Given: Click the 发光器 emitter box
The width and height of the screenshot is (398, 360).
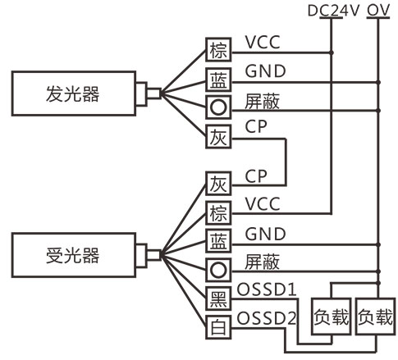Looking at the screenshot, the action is tap(74, 93).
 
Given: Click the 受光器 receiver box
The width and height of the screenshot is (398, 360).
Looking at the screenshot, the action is tap(74, 255).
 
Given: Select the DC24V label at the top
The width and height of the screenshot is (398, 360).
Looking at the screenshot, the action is tap(333, 11).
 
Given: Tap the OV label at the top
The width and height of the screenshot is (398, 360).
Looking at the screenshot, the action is tap(378, 11).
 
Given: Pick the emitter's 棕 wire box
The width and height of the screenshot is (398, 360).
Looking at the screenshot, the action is tap(218, 50).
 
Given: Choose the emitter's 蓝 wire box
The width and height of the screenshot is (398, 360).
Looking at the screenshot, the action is tap(218, 80).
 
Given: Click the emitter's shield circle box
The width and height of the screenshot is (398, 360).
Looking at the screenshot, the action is tap(218, 107).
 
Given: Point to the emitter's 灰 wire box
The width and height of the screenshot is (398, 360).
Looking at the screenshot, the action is tap(218, 137).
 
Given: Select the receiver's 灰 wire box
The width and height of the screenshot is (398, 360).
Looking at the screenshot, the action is tap(218, 184).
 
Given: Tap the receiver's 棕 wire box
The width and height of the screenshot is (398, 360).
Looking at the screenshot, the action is tap(218, 213).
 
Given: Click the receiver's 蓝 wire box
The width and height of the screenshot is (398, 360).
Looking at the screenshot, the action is tap(218, 241).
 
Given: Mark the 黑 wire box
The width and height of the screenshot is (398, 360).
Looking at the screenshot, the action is tap(218, 298).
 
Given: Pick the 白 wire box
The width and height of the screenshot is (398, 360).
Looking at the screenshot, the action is tap(218, 327).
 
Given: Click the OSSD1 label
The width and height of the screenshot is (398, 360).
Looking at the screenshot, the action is tap(267, 289).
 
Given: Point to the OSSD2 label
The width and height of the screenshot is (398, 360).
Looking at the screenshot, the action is tap(267, 318).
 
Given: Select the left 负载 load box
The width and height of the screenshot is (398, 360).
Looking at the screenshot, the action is tap(332, 317).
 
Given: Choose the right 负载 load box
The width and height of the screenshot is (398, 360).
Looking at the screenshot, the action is tap(376, 317).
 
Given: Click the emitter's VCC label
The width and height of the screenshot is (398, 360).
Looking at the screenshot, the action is tap(263, 43).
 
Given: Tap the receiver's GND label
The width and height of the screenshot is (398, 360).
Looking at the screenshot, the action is tap(265, 235).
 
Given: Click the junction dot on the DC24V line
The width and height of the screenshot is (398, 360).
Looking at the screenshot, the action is tap(332, 52).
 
